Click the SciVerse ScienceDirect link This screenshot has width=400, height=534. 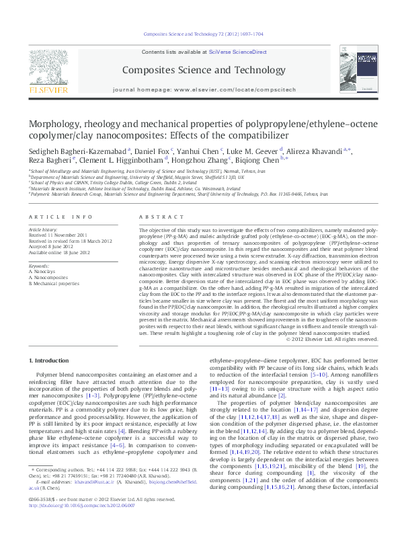coord(238,52)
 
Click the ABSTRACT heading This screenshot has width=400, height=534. coord(156,217)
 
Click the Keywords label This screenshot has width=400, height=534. coord(40,266)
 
